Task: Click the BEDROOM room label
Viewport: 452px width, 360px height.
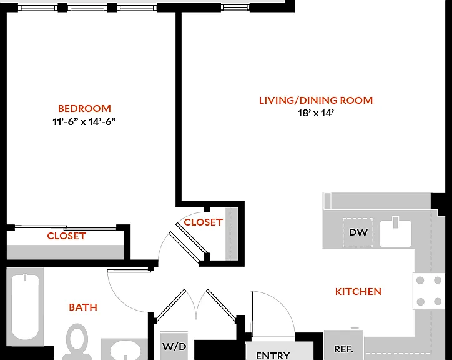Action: point(84,109)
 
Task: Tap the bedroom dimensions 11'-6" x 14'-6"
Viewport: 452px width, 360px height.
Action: point(84,121)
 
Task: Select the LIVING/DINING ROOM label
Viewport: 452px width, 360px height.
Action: point(316,100)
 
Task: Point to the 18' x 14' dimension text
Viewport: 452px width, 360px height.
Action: point(316,113)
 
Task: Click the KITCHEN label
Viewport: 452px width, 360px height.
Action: point(358,292)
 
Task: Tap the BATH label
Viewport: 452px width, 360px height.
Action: point(83,307)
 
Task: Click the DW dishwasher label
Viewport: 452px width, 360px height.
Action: point(358,232)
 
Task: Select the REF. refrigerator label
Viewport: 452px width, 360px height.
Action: point(343,349)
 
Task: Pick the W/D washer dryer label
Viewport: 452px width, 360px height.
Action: point(174,346)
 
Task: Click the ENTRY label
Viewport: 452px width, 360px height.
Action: point(273,356)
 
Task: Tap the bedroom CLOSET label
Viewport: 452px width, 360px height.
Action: point(67,236)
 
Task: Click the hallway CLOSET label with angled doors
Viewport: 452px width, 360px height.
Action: point(204,222)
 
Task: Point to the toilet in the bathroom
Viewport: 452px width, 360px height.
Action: point(77,341)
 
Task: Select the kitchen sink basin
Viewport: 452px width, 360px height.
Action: point(396,234)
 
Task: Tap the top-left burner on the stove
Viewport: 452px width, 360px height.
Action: point(420,280)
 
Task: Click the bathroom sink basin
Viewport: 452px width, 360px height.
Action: point(125,351)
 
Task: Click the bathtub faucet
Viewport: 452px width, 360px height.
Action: point(25,277)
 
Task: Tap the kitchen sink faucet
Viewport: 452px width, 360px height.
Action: point(396,222)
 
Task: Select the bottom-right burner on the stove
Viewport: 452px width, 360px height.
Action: point(438,302)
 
